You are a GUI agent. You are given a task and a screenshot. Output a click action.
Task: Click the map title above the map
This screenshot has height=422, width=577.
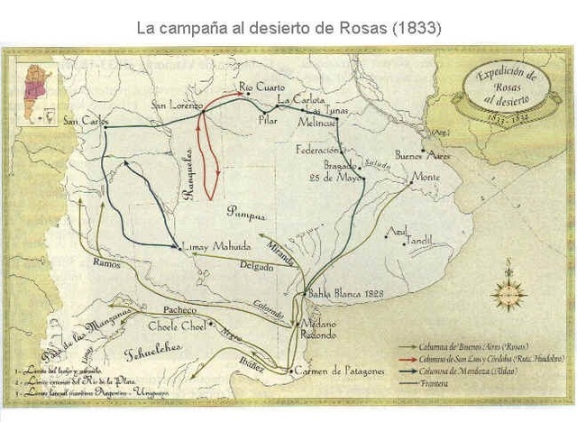[x=288, y=27]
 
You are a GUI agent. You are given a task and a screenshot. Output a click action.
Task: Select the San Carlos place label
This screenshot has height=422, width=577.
[x=85, y=120]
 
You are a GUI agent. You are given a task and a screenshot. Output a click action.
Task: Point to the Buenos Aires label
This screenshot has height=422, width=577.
[x=423, y=154]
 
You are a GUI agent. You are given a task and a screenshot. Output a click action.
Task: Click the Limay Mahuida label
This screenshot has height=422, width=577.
[x=213, y=247]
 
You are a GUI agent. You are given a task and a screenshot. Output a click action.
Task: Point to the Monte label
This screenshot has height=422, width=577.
[x=426, y=178]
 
